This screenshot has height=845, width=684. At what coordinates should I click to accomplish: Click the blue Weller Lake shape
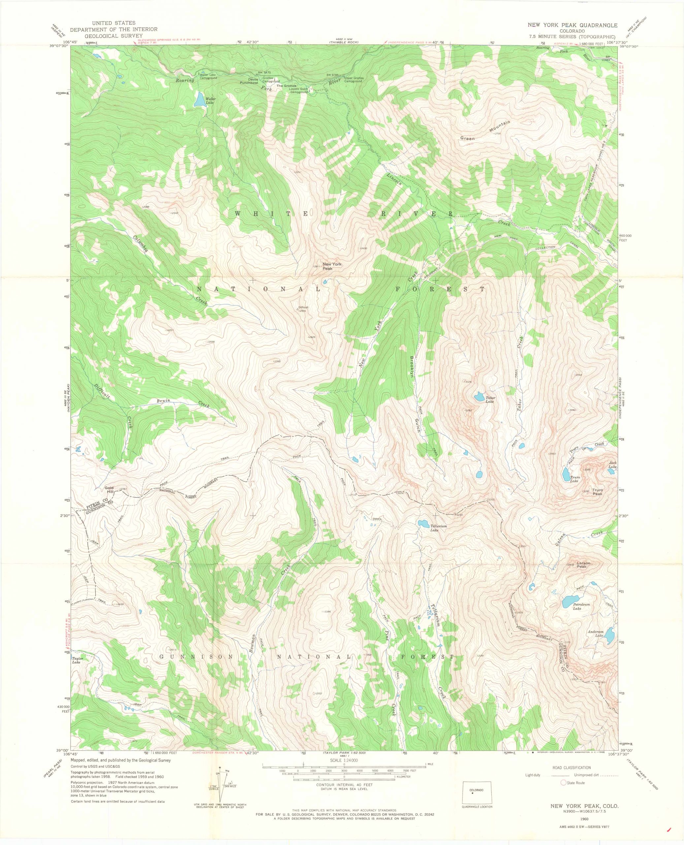coord(200,100)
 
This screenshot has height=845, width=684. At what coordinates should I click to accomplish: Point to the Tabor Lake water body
coord(479,396)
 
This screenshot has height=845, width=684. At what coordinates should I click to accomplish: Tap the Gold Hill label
coord(109,490)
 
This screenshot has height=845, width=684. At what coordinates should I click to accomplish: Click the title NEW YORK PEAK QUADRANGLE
coord(572,25)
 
